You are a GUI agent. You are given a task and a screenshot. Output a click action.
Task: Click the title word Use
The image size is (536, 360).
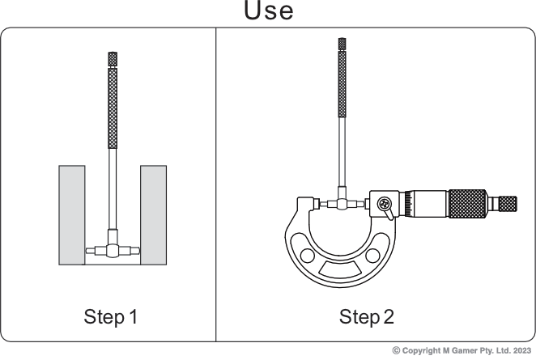(269, 11)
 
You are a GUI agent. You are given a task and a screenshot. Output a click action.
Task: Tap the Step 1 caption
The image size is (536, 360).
(110, 316)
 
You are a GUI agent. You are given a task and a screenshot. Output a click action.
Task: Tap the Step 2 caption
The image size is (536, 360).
(367, 316)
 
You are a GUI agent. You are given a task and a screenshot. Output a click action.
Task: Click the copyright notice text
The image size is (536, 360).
(462, 350)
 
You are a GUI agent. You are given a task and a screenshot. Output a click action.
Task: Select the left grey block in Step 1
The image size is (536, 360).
(72, 215)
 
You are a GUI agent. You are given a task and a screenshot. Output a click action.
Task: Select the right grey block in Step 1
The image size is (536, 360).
(154, 215)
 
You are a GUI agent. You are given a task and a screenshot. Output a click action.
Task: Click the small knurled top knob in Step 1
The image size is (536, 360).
(113, 59)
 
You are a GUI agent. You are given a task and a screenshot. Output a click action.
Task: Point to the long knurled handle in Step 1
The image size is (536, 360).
(113, 108)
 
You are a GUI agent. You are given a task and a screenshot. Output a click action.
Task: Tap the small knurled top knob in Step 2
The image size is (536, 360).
(342, 44)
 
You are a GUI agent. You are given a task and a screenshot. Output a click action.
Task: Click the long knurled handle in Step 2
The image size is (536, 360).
(342, 84)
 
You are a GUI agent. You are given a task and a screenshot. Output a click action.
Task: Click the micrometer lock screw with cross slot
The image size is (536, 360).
(385, 204)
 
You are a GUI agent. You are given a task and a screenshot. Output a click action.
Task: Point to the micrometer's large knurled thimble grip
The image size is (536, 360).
(467, 204)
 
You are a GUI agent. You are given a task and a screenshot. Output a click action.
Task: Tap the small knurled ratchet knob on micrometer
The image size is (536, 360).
(508, 204)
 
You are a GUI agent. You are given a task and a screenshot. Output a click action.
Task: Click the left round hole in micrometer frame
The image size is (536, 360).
(307, 256)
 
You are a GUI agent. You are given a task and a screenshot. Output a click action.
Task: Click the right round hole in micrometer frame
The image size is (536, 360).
(372, 256)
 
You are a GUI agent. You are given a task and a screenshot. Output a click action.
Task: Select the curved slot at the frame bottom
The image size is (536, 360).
(340, 269)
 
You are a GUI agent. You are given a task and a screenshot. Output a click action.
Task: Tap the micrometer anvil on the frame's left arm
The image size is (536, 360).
(317, 204)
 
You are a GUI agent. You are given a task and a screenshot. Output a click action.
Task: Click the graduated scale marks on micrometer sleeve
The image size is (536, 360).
(409, 204)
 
